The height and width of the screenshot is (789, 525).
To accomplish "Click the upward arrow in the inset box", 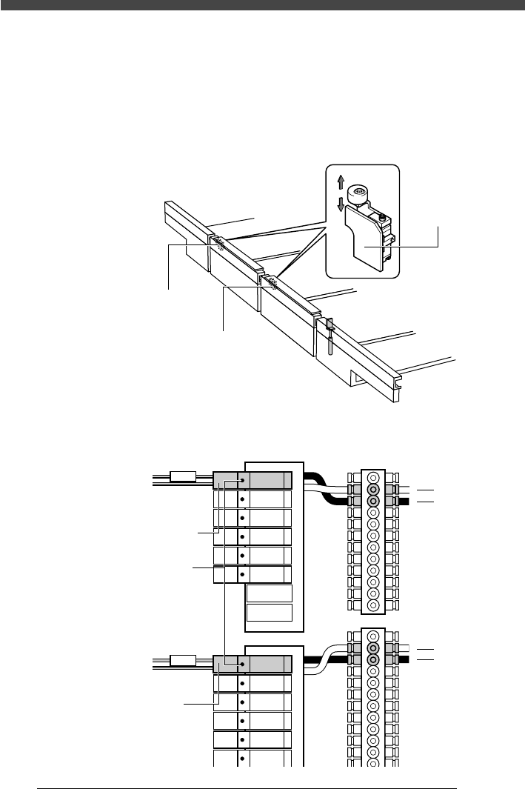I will [x=340, y=182].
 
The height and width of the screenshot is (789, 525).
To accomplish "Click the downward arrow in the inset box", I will [x=340, y=204].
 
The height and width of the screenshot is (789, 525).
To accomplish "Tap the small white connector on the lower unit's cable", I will [x=183, y=661].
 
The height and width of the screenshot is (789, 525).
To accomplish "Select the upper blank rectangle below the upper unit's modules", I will [x=270, y=593].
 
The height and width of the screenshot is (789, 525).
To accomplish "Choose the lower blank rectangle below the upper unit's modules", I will [x=270, y=613].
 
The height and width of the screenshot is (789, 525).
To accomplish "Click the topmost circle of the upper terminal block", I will [x=373, y=478].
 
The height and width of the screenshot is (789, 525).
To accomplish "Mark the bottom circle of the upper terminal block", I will [x=373, y=605].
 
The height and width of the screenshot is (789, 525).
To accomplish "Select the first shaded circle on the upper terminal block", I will [x=373, y=490].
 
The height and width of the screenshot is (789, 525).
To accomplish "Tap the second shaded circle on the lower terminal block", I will [x=373, y=659].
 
